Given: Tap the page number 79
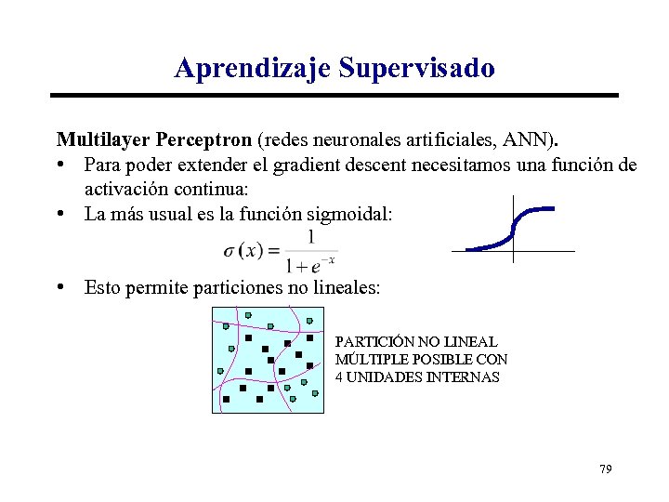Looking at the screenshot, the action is [x=605, y=469].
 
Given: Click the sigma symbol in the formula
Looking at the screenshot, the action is [x=230, y=251].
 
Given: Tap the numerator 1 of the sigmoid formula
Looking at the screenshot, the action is [x=310, y=237].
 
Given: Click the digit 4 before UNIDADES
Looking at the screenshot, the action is [x=340, y=376].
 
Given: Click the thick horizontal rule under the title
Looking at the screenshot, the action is [x=334, y=95].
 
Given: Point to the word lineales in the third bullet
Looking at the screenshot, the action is [x=345, y=288].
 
